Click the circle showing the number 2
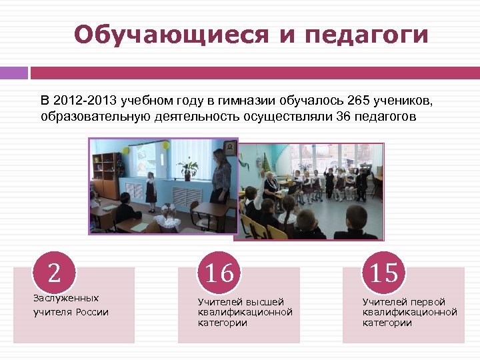(x=54, y=272)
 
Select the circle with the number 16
(x=219, y=273)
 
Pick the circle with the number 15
(x=384, y=273)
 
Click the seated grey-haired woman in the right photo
(x=271, y=187)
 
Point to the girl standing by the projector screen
(x=151, y=189)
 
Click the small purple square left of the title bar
(x=13, y=73)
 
